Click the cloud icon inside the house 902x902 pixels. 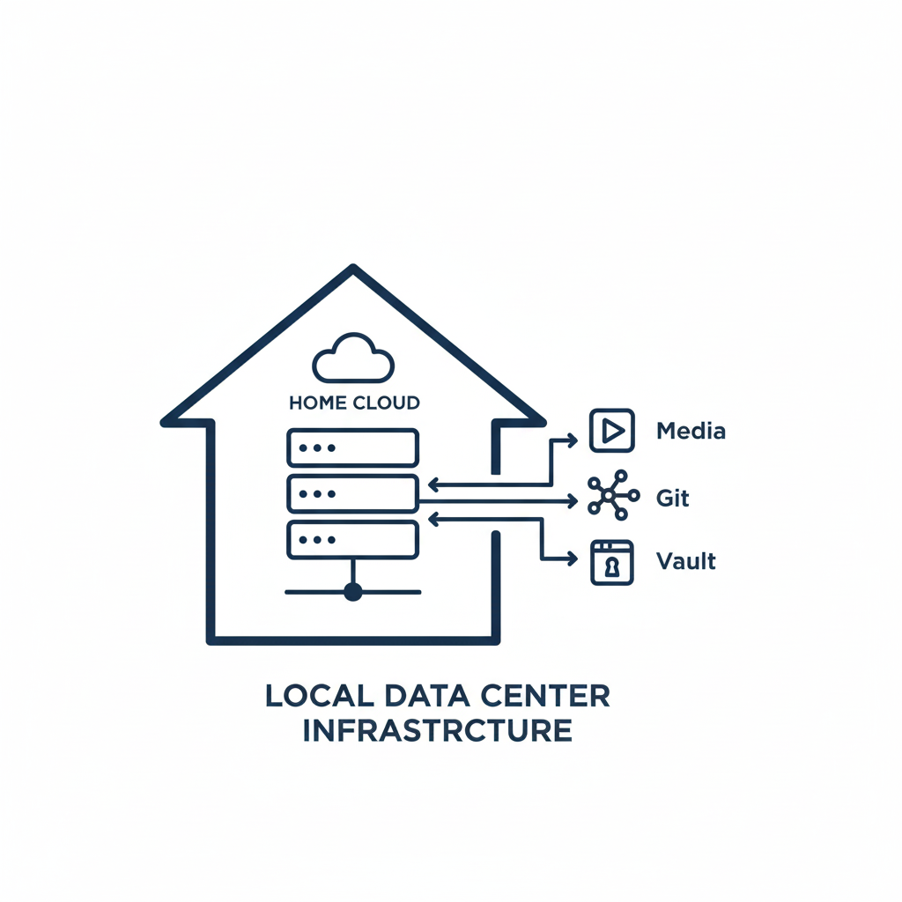[352, 358]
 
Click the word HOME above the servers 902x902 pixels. [317, 403]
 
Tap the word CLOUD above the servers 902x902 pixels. [387, 403]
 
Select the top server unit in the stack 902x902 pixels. [352, 447]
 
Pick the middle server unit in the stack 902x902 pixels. [352, 493]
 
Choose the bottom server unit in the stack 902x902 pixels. [352, 540]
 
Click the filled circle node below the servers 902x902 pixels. [352, 591]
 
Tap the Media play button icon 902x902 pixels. [612, 430]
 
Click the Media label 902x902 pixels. [691, 431]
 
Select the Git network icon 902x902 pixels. [613, 495]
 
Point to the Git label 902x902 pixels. [672, 498]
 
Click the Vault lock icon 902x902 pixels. [612, 563]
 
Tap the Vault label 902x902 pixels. [685, 561]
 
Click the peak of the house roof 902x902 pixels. [353, 266]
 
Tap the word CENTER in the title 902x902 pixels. [545, 696]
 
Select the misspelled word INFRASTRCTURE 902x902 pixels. [437, 730]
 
